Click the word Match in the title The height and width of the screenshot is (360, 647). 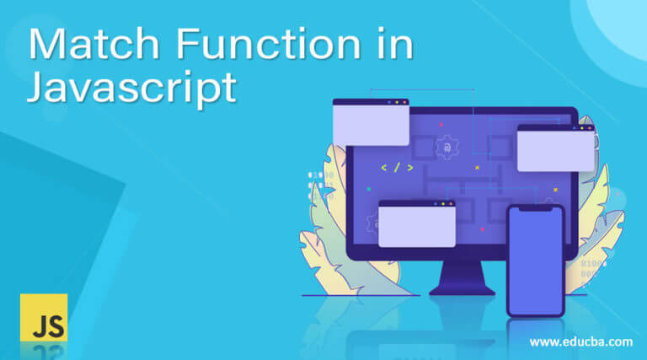[x=94, y=43]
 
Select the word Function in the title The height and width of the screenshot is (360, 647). [x=269, y=43]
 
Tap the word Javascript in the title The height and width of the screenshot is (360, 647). [x=132, y=88]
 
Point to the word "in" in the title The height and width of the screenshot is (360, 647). [x=395, y=43]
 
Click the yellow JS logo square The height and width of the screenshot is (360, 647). [x=44, y=318]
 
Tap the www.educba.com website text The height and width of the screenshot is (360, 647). [x=581, y=341]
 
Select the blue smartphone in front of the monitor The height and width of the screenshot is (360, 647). [x=536, y=261]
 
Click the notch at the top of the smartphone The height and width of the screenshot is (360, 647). [x=536, y=209]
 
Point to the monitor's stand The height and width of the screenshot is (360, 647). [x=463, y=278]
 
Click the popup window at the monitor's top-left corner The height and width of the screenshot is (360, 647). [x=371, y=122]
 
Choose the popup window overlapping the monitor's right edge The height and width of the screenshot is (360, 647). [x=555, y=148]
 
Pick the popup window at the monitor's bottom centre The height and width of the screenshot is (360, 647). [x=417, y=223]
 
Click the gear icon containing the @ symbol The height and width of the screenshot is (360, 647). [x=446, y=148]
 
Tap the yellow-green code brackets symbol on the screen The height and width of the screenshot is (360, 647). [x=397, y=168]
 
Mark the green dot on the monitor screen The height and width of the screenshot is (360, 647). [x=368, y=189]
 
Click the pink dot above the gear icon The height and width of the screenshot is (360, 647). [x=441, y=124]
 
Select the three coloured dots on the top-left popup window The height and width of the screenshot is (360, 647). [x=397, y=102]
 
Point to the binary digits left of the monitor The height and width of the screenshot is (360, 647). [x=321, y=185]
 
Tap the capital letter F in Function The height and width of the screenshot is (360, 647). [x=188, y=43]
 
